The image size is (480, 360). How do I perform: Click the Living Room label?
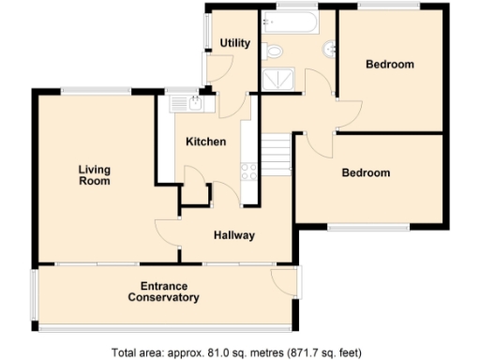(x=94, y=175)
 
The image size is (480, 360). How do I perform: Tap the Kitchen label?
(x=205, y=142)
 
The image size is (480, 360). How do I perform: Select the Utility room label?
(x=233, y=44)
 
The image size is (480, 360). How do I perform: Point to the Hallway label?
(x=233, y=235)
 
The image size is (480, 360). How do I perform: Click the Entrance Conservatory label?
(x=164, y=292)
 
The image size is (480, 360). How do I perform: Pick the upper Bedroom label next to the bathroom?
(x=390, y=65)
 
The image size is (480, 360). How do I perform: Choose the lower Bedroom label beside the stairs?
(x=366, y=173)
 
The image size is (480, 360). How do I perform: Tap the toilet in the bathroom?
(x=273, y=50)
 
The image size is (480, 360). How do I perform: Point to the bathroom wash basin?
(x=330, y=50)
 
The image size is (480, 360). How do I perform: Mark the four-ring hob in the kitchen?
(x=250, y=171)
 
